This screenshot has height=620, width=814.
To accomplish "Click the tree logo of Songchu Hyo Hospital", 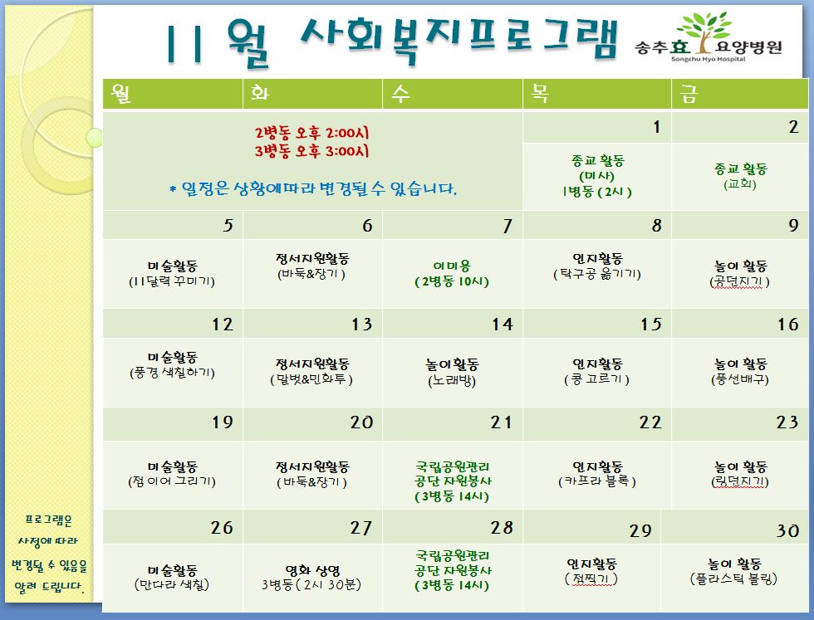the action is point(705,32).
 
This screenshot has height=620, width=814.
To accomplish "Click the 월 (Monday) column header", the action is point(121,94).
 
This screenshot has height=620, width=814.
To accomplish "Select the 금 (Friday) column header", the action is point(689,95).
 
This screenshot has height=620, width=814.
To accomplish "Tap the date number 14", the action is point(502,325).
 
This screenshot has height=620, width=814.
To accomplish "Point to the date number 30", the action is point(787,530).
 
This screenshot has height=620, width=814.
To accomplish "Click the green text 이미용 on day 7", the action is point(452,266).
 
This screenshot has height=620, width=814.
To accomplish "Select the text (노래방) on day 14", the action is point(452,381).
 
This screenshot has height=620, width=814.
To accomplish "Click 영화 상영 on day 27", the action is point(312,571).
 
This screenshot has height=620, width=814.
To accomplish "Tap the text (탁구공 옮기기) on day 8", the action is point(597,274).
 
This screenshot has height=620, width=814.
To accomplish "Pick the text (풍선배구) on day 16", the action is point(740,379).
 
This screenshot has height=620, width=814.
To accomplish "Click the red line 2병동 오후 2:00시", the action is point(311,133).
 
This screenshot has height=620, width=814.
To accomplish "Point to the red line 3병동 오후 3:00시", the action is point(311,151).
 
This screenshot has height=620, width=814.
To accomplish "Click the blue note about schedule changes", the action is point(313,189).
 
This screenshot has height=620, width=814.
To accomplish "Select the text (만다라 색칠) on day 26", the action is point(171,584).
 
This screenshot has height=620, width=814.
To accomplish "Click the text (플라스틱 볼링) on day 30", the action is point(733,579).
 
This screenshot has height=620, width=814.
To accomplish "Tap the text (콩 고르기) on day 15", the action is point(596,379).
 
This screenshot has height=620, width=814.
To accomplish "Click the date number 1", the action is point(657,127).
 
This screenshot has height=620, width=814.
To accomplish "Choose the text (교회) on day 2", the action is point(740,184).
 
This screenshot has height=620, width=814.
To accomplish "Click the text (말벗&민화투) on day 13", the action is point(311,380).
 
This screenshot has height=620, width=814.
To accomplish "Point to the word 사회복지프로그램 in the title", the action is point(458,40).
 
